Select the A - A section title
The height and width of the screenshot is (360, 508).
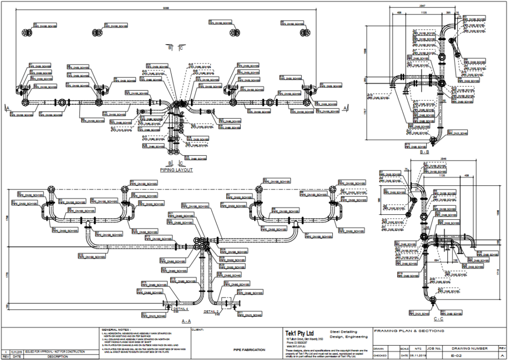[x=187, y=321]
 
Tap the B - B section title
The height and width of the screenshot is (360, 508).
[x=427, y=153]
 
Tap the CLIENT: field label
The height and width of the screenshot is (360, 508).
[x=197, y=329]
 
